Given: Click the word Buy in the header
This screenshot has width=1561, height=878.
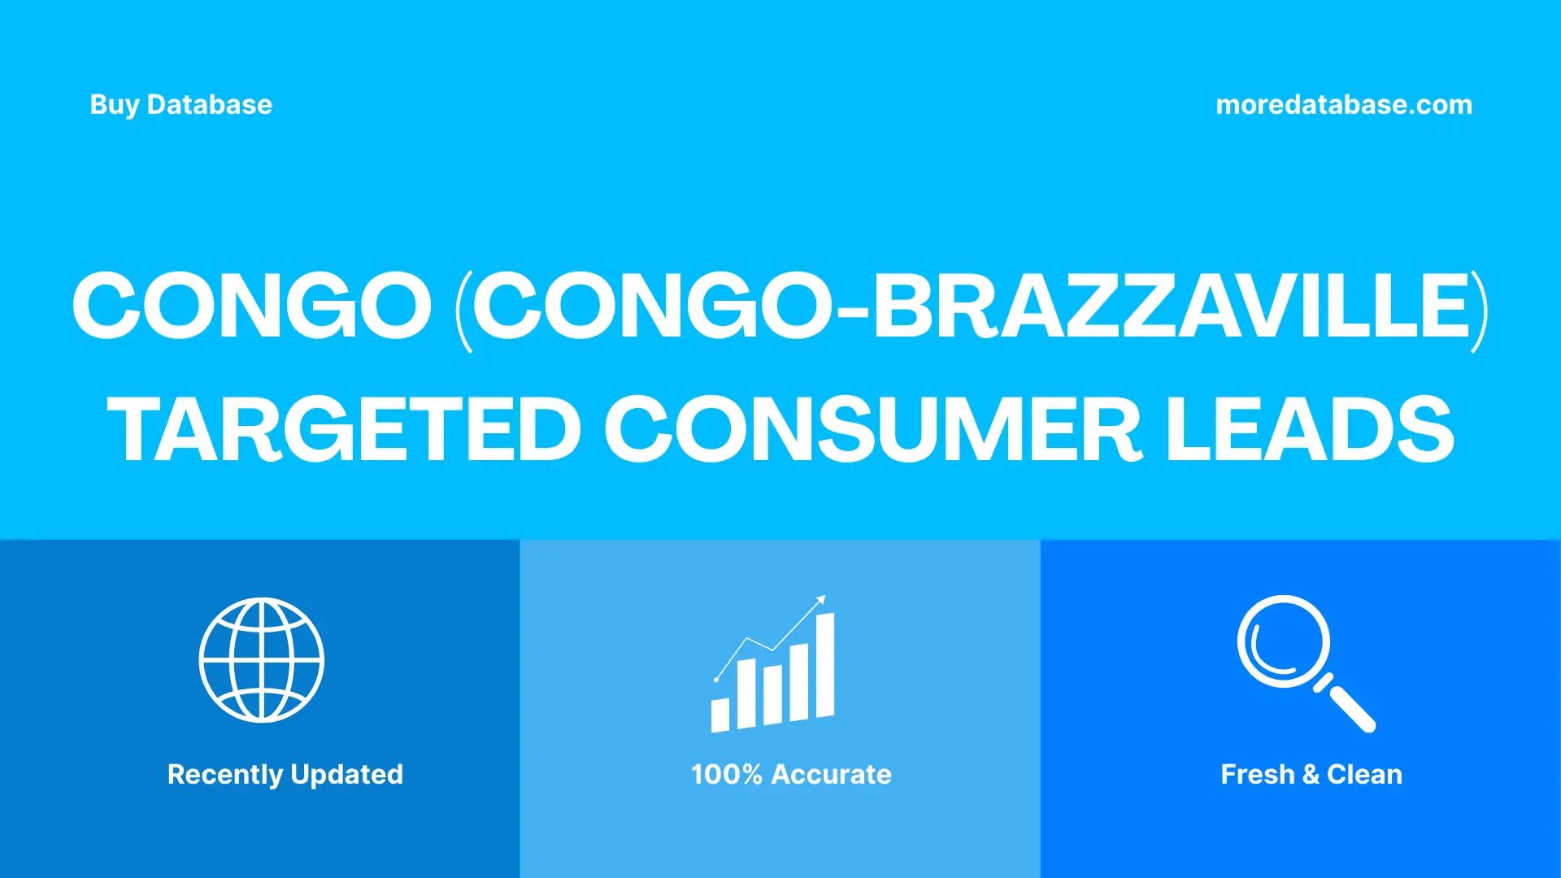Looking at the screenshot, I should point(114,105).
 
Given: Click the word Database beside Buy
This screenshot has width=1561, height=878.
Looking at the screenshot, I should point(209,105).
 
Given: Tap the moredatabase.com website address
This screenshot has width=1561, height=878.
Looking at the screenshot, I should point(1343,105).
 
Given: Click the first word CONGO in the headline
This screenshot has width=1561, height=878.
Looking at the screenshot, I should point(252,306).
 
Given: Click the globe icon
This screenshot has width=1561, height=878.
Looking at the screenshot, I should point(262,660).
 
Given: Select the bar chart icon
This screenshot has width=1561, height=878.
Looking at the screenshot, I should point(772,667).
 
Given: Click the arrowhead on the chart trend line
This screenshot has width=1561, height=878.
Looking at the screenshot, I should point(822,600).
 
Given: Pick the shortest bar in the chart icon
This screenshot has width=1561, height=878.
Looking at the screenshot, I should point(720,715).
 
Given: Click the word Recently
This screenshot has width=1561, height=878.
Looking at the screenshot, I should point(224,775).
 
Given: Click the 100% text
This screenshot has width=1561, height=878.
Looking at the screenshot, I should point(726,775).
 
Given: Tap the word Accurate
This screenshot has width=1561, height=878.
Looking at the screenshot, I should point(831,775).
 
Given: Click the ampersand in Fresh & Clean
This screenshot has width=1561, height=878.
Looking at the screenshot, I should point(1310,775).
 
